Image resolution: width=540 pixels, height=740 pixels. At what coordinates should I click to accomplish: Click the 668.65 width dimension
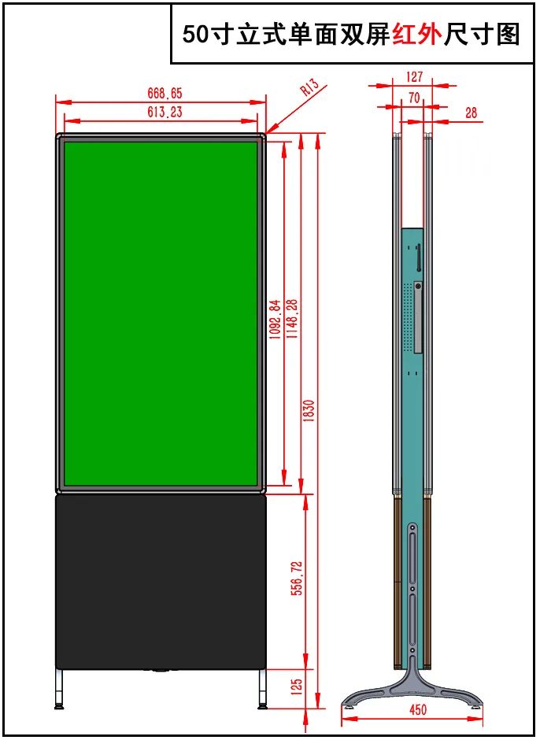pos(165,93)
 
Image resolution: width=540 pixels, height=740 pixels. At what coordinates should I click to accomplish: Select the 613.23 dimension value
pos(165,112)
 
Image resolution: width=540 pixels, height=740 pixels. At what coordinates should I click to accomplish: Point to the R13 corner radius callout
pos(309,87)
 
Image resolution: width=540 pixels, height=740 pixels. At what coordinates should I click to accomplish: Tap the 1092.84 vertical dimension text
pos(276,319)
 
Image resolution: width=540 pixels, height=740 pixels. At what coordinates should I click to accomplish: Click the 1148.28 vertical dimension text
pos(292,319)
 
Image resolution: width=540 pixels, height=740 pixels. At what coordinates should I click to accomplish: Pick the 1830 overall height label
pos(309,411)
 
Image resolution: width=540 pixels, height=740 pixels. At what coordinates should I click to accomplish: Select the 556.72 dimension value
pos(297,578)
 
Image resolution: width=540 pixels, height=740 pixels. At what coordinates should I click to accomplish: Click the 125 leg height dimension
pos(297,688)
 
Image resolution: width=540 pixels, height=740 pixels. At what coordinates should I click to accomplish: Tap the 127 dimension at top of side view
pos(414,76)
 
